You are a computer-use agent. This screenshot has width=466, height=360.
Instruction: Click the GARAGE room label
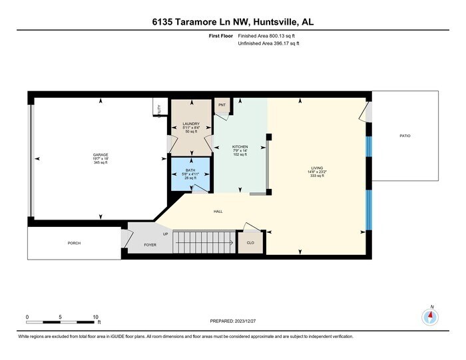pyautogui.click(x=101, y=155)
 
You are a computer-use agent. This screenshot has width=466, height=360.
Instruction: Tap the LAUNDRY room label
pyautogui.click(x=192, y=124)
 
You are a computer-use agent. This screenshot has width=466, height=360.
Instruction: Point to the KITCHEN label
pyautogui.click(x=240, y=146)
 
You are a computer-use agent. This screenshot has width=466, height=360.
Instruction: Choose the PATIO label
pyautogui.click(x=405, y=136)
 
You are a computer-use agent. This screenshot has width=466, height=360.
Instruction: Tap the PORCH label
pyautogui.click(x=74, y=243)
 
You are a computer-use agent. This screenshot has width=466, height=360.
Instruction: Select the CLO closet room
pyautogui.click(x=250, y=243)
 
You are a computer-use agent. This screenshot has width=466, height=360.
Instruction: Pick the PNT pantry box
pyautogui.click(x=222, y=104)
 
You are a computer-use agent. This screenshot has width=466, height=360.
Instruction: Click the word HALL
pyautogui.click(x=218, y=212)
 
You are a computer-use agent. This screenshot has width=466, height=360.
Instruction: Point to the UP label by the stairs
pyautogui.click(x=165, y=234)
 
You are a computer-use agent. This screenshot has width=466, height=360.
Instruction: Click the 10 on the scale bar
pyautogui.click(x=97, y=317)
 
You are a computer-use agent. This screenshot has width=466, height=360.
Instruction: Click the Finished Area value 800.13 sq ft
pyautogui.click(x=280, y=36)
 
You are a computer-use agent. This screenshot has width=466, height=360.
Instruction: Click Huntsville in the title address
pyautogui.click(x=273, y=22)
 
